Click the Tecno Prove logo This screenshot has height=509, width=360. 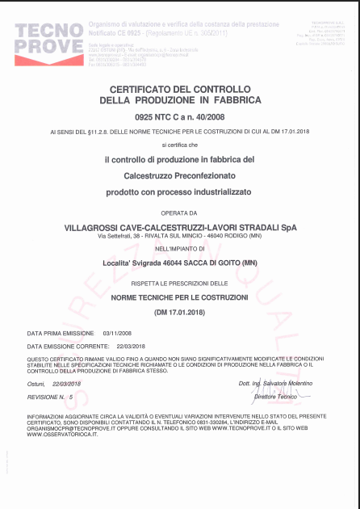coord(48,39)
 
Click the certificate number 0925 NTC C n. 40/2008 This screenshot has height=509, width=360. coord(179,116)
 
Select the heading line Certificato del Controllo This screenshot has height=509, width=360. coord(179,88)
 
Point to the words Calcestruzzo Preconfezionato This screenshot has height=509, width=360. coord(179,174)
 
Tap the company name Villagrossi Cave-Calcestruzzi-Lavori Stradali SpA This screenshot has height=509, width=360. coord(179,228)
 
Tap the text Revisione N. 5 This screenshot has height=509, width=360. coord(50,398)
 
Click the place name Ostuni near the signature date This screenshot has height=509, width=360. coord(36,383)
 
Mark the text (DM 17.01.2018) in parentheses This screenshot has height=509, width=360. coord(179,311)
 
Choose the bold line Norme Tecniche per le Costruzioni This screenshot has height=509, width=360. coord(179,298)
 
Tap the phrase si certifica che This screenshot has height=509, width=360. coord(179,144)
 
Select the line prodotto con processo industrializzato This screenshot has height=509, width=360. coord(179,191)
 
